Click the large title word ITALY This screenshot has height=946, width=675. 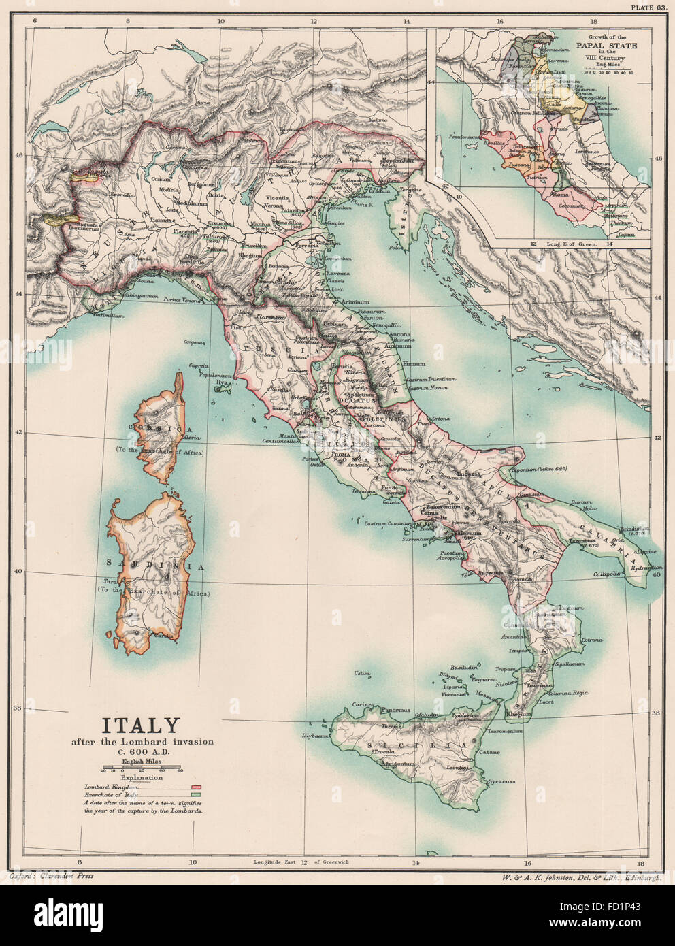141,726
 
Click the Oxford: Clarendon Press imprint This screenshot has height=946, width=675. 52,875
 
